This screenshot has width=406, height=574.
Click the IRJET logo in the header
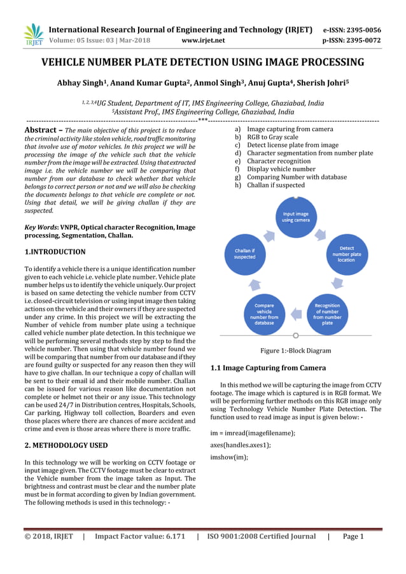pyautogui.click(x=32, y=34)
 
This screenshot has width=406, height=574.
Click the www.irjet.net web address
pyautogui.click(x=203, y=41)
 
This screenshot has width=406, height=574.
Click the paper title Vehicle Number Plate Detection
pyautogui.click(x=203, y=62)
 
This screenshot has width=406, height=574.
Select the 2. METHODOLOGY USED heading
pyautogui.click(x=66, y=445)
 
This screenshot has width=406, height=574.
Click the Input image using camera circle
pyautogui.click(x=296, y=218)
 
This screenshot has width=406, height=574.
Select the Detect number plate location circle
pyautogui.click(x=347, y=254)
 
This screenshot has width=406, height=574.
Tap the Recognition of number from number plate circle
pyautogui.click(x=327, y=313)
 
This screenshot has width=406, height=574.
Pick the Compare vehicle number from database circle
pyautogui.click(x=264, y=313)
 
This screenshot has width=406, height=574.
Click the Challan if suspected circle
pyautogui.click(x=244, y=253)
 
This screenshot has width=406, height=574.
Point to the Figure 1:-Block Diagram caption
pyautogui.click(x=295, y=351)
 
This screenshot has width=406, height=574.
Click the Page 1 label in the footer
pyautogui.click(x=353, y=536)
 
